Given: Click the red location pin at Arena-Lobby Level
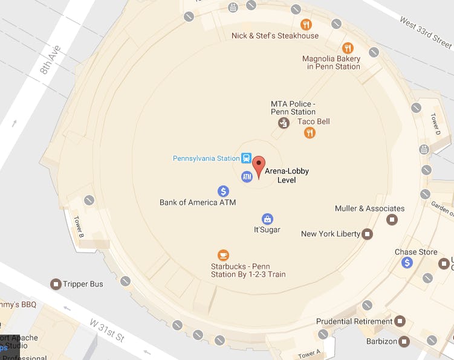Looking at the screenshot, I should click(x=259, y=165).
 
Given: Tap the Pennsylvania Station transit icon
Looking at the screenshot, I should click(x=247, y=158).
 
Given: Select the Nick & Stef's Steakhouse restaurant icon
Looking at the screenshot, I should click(x=306, y=25).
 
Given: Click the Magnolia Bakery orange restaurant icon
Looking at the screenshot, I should click(x=347, y=48).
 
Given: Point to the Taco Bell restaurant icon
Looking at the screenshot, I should click(x=310, y=132).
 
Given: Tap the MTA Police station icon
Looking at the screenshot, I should click(x=283, y=123).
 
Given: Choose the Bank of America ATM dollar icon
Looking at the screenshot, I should click(x=223, y=191).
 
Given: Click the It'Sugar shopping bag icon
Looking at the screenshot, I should click(x=267, y=218).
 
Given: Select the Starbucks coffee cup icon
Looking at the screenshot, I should click(x=223, y=255).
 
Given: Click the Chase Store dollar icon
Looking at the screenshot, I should click(x=407, y=262).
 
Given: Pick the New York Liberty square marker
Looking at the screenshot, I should click(x=368, y=234).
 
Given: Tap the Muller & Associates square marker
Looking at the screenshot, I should click(x=392, y=219).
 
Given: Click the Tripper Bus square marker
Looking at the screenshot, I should click(x=56, y=284).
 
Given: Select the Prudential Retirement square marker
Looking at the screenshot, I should click(x=400, y=322).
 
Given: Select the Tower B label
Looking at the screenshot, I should click(x=79, y=227).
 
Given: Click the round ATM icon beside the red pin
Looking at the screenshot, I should click(x=247, y=176).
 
